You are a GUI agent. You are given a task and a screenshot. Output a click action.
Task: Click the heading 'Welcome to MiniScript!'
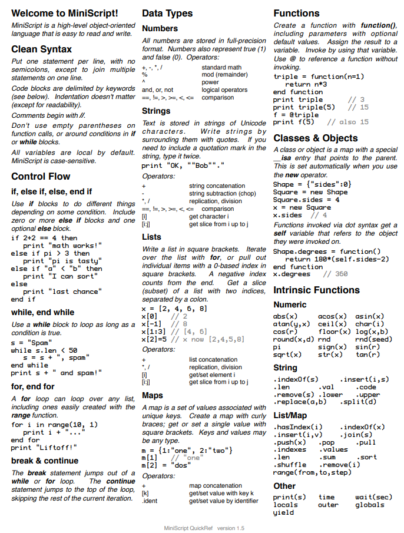click(65, 13)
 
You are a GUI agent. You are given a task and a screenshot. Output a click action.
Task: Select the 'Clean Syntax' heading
click(41, 49)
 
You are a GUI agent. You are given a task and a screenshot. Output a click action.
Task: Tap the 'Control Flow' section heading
click(41, 176)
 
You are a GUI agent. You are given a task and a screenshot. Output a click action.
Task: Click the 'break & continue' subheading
click(45, 461)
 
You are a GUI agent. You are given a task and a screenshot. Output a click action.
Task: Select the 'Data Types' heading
click(167, 13)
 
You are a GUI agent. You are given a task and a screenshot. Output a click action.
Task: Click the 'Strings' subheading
click(156, 111)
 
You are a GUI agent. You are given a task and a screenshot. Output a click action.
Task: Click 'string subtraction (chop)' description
click(223, 194)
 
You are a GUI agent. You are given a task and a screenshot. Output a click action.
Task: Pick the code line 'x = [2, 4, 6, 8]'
click(175, 309)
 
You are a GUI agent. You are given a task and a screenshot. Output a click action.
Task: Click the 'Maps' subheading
click(153, 395)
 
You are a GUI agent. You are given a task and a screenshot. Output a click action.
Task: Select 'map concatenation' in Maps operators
click(216, 486)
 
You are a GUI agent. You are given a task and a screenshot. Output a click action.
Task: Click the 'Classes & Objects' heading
click(316, 138)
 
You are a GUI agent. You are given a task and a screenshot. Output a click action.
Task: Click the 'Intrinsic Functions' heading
click(316, 290)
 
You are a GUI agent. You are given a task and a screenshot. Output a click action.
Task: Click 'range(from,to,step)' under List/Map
click(312, 472)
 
